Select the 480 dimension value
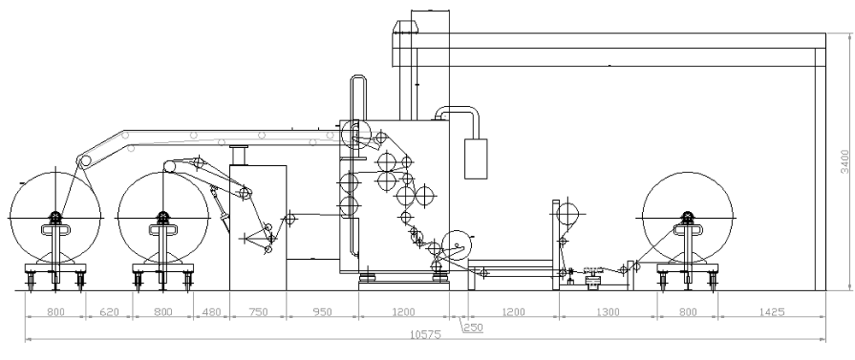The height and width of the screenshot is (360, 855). click(210, 313)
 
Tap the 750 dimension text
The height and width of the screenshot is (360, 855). click(256, 313)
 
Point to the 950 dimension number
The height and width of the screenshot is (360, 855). click(321, 313)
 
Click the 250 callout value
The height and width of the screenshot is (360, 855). click(474, 326)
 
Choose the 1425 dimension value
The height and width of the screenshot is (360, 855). click(772, 313)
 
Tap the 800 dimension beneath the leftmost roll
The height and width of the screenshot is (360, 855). click(55, 313)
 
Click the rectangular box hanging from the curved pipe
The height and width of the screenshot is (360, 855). click(475, 156)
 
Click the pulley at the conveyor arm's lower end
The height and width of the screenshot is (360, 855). click(84, 160)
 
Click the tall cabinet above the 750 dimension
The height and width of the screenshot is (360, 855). click(257, 227)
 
